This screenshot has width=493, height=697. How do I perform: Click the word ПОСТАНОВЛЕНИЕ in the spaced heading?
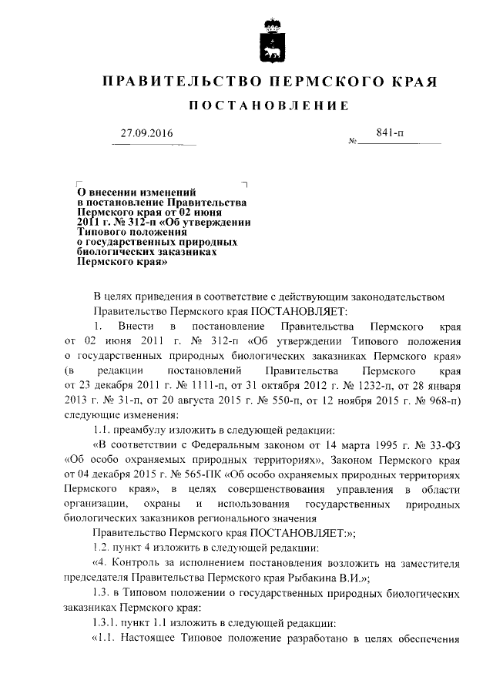click(x=269, y=105)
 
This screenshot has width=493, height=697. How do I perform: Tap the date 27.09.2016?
click(x=147, y=134)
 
